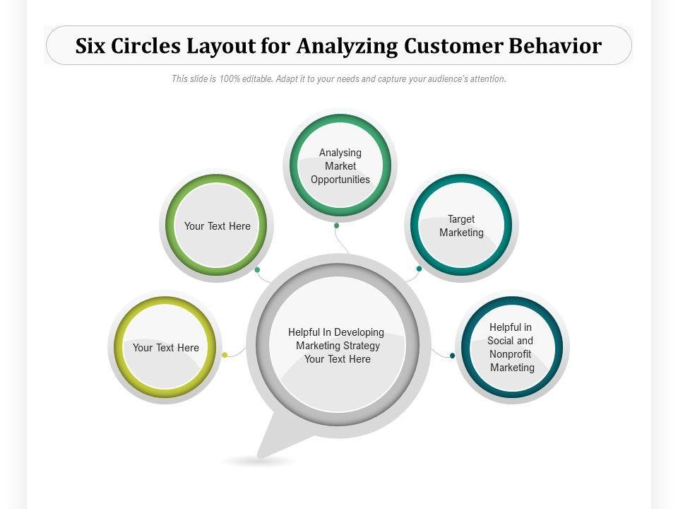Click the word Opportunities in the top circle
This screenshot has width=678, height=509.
click(340, 180)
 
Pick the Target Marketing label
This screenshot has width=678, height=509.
click(461, 226)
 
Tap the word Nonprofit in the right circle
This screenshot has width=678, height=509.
click(511, 353)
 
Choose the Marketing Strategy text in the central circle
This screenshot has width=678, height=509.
click(338, 346)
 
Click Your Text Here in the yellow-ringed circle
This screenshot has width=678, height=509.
click(166, 348)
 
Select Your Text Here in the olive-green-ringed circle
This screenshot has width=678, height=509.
click(218, 226)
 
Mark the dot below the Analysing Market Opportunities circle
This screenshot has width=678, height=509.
click(337, 226)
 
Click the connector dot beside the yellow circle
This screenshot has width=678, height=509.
click(225, 355)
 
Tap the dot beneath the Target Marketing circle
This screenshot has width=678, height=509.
click(419, 269)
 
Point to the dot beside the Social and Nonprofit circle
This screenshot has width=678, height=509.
click(453, 356)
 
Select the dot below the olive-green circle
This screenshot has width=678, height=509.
click(257, 269)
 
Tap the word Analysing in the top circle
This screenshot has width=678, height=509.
click(340, 153)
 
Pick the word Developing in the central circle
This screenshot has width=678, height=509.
click(359, 332)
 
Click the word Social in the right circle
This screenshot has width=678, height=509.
click(501, 341)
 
